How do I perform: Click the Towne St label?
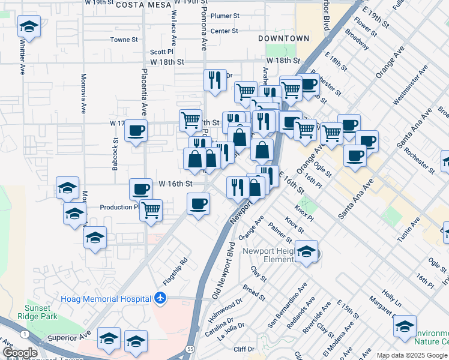pyautogui.click(x=124, y=40)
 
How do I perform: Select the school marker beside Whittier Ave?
pyautogui.click(x=28, y=27)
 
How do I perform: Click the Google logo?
pyautogui.click(x=20, y=353)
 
